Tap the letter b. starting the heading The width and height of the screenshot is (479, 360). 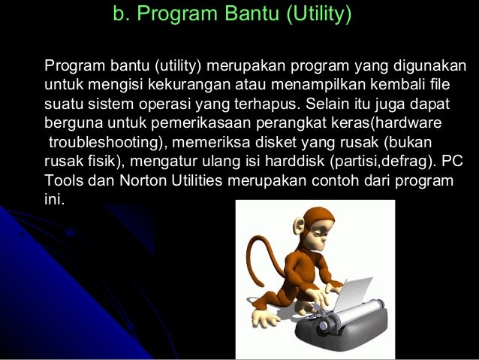[x=120, y=14]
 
